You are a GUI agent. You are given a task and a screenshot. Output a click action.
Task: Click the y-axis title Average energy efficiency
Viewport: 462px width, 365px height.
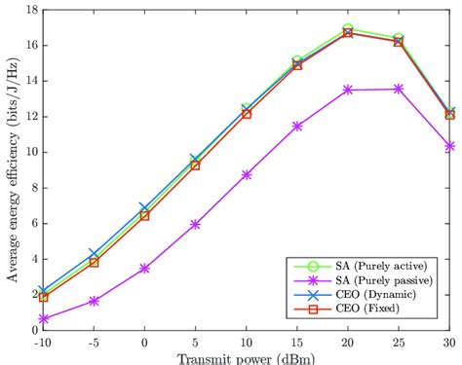(13, 169)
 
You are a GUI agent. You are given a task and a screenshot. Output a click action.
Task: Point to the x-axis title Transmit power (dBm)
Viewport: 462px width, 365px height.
(246, 356)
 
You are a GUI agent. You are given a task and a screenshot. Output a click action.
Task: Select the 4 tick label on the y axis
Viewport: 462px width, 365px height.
(33, 259)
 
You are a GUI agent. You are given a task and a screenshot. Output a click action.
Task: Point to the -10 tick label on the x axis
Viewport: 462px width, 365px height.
(43, 342)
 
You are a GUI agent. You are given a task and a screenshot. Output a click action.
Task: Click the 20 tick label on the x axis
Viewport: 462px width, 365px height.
(348, 342)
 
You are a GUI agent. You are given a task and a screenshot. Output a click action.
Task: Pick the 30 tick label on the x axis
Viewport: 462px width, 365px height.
(448, 342)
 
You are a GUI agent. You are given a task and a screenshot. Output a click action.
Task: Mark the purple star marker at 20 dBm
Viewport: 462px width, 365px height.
(348, 90)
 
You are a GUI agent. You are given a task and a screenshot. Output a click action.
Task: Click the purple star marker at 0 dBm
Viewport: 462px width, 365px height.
(144, 268)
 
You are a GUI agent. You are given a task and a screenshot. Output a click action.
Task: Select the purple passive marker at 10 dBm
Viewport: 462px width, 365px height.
(247, 174)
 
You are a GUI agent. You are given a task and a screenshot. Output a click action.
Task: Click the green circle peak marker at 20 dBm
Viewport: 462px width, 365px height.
(348, 29)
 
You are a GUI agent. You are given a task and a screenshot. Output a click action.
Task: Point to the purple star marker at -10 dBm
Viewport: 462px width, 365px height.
(43, 318)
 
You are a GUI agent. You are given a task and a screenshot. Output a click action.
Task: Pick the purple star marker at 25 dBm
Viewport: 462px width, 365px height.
(399, 89)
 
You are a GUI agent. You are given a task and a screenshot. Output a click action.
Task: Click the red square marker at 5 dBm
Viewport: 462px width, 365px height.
(195, 164)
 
